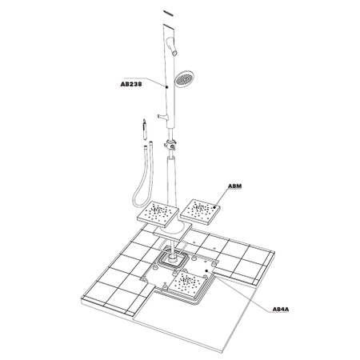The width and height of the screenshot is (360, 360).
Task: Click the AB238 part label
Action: [131, 84]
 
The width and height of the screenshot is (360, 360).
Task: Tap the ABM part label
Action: [234, 186]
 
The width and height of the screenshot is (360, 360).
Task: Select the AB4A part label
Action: [281, 310]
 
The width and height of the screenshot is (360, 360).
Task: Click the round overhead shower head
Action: [182, 78]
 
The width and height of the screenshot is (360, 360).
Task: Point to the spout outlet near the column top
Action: [174, 54]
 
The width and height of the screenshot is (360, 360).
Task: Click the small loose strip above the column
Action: [168, 14]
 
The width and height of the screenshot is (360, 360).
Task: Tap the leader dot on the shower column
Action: [166, 87]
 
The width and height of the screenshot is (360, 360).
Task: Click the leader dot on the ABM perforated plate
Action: [214, 206]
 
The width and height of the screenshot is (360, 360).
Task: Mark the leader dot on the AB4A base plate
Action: [206, 270]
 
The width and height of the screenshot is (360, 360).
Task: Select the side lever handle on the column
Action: [161, 116]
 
